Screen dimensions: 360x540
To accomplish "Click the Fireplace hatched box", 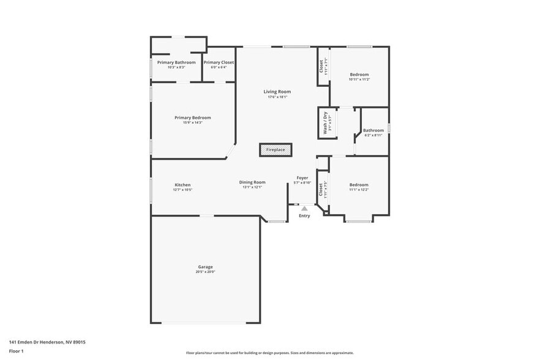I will (276, 150).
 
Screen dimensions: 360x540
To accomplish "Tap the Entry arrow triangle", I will (304, 209).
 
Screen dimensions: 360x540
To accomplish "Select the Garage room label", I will (205, 267).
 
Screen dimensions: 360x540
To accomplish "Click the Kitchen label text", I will (182, 185).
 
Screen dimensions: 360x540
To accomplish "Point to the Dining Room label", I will (252, 182).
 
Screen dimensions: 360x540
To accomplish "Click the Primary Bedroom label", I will (192, 118).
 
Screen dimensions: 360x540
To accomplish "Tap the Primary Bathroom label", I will (176, 62).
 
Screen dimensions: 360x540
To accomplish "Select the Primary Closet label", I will (219, 62).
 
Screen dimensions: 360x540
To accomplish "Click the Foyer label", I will (302, 178).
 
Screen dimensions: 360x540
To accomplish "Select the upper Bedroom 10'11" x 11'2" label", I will (359, 74).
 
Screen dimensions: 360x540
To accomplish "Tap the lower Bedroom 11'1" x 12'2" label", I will (359, 185).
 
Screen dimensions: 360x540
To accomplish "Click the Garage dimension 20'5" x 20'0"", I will (206, 272).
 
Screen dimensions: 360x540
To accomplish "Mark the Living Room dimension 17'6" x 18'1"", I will (277, 97).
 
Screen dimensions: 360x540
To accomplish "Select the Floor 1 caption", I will (16, 351).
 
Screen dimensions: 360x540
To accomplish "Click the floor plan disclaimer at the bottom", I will (269, 353).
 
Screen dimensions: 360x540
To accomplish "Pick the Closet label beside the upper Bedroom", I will (321, 65).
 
